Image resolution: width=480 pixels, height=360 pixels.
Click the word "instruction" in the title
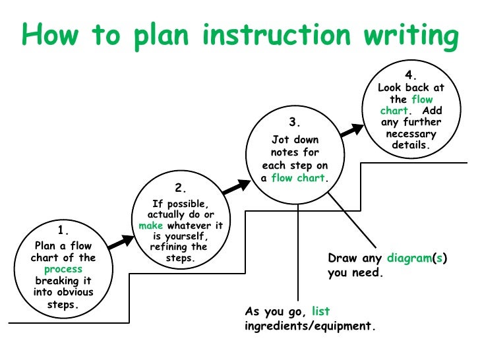coord(285,36)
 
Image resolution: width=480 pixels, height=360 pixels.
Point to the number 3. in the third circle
coord(294,123)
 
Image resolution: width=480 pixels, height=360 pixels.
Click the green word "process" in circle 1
coord(63,269)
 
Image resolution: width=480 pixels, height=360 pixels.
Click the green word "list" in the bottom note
coord(321,311)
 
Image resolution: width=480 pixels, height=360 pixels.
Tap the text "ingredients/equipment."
coord(310,326)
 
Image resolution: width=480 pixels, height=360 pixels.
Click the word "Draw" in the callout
coord(343,258)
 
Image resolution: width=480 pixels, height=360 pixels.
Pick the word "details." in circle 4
coord(410,145)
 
